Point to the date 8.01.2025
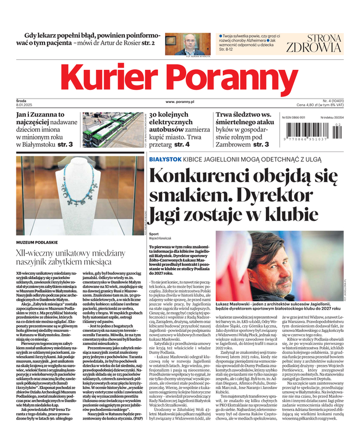pos(26,105)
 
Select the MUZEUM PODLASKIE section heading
pos(38,241)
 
